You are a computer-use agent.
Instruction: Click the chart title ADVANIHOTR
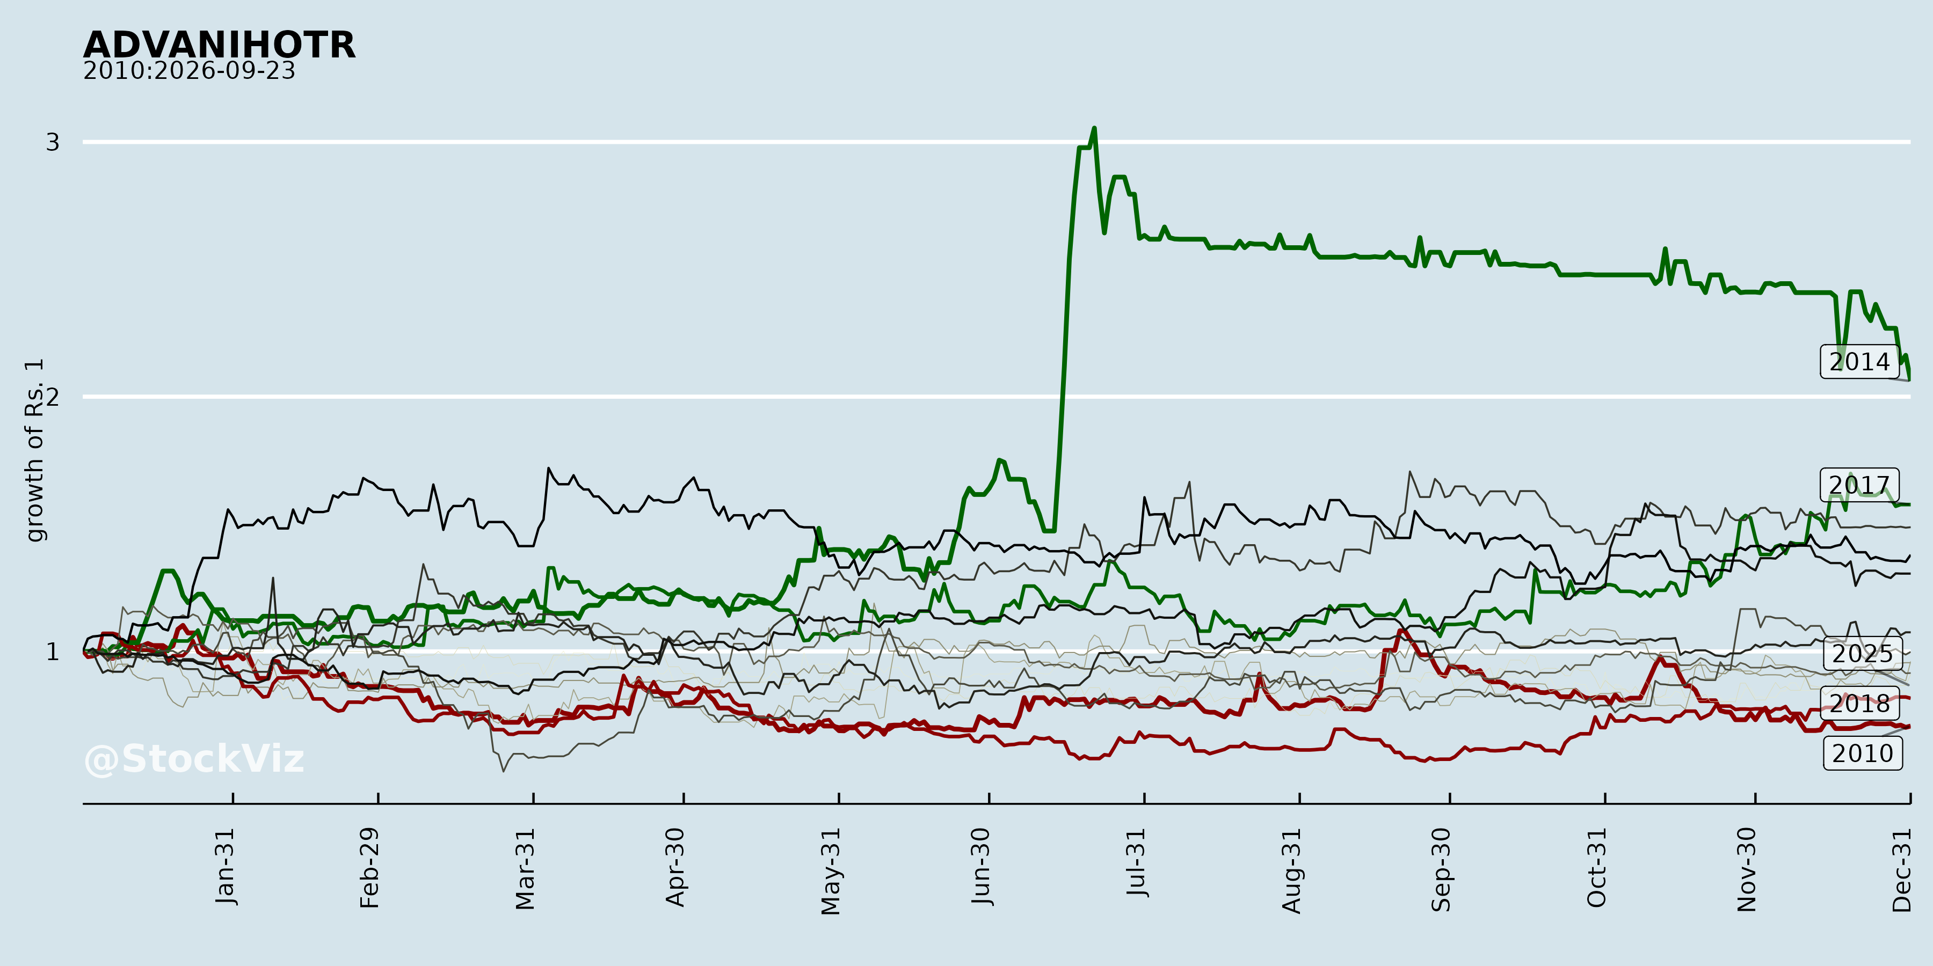tap(219, 45)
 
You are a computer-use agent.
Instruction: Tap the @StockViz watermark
tap(194, 759)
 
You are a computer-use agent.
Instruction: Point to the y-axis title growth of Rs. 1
tap(34, 450)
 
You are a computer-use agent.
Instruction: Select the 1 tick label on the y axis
tap(53, 652)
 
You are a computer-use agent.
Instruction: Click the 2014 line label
tap(1859, 362)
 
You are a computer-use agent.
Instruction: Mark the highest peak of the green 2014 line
tap(1094, 128)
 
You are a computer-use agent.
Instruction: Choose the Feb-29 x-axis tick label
tap(369, 868)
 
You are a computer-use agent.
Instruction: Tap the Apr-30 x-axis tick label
tap(675, 867)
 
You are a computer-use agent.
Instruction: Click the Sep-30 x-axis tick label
tap(1442, 869)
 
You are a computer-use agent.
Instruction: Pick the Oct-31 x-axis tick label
tap(1597, 867)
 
